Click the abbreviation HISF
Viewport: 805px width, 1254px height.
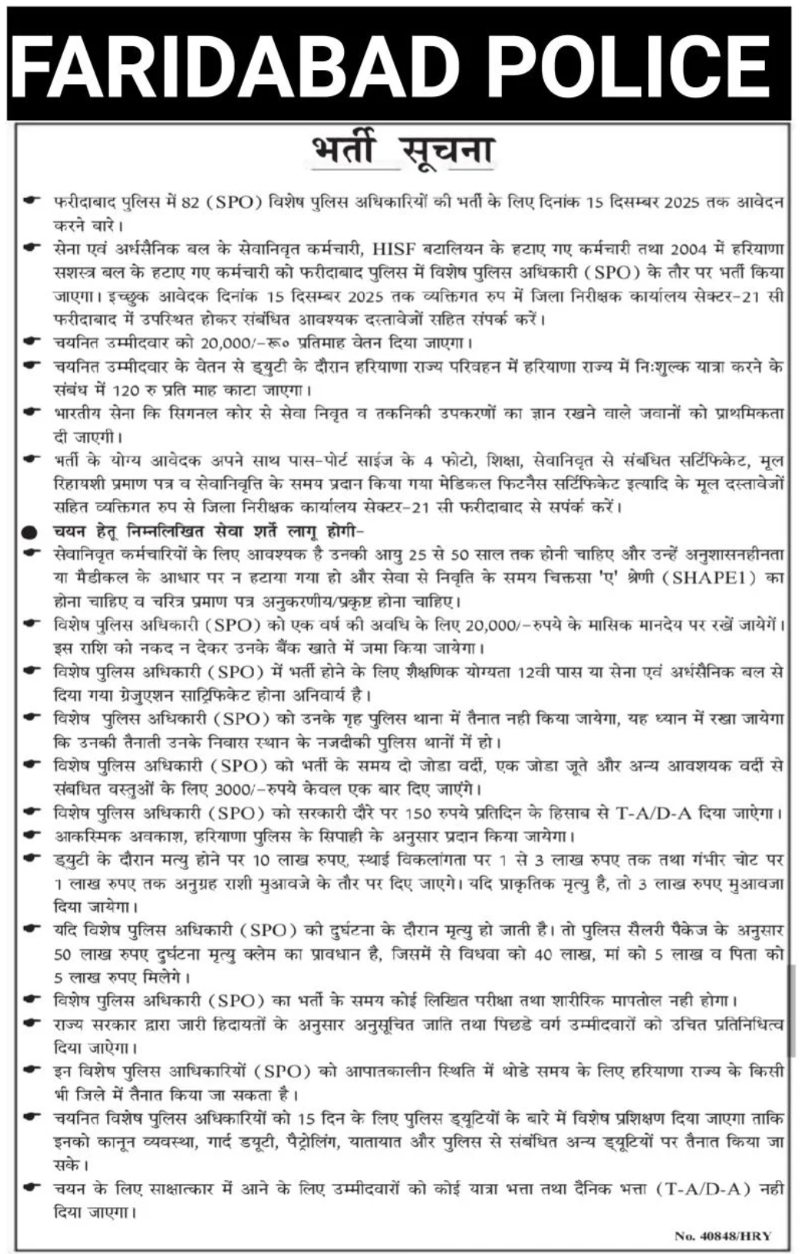(392, 249)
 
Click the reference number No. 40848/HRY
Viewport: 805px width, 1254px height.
(722, 1236)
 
